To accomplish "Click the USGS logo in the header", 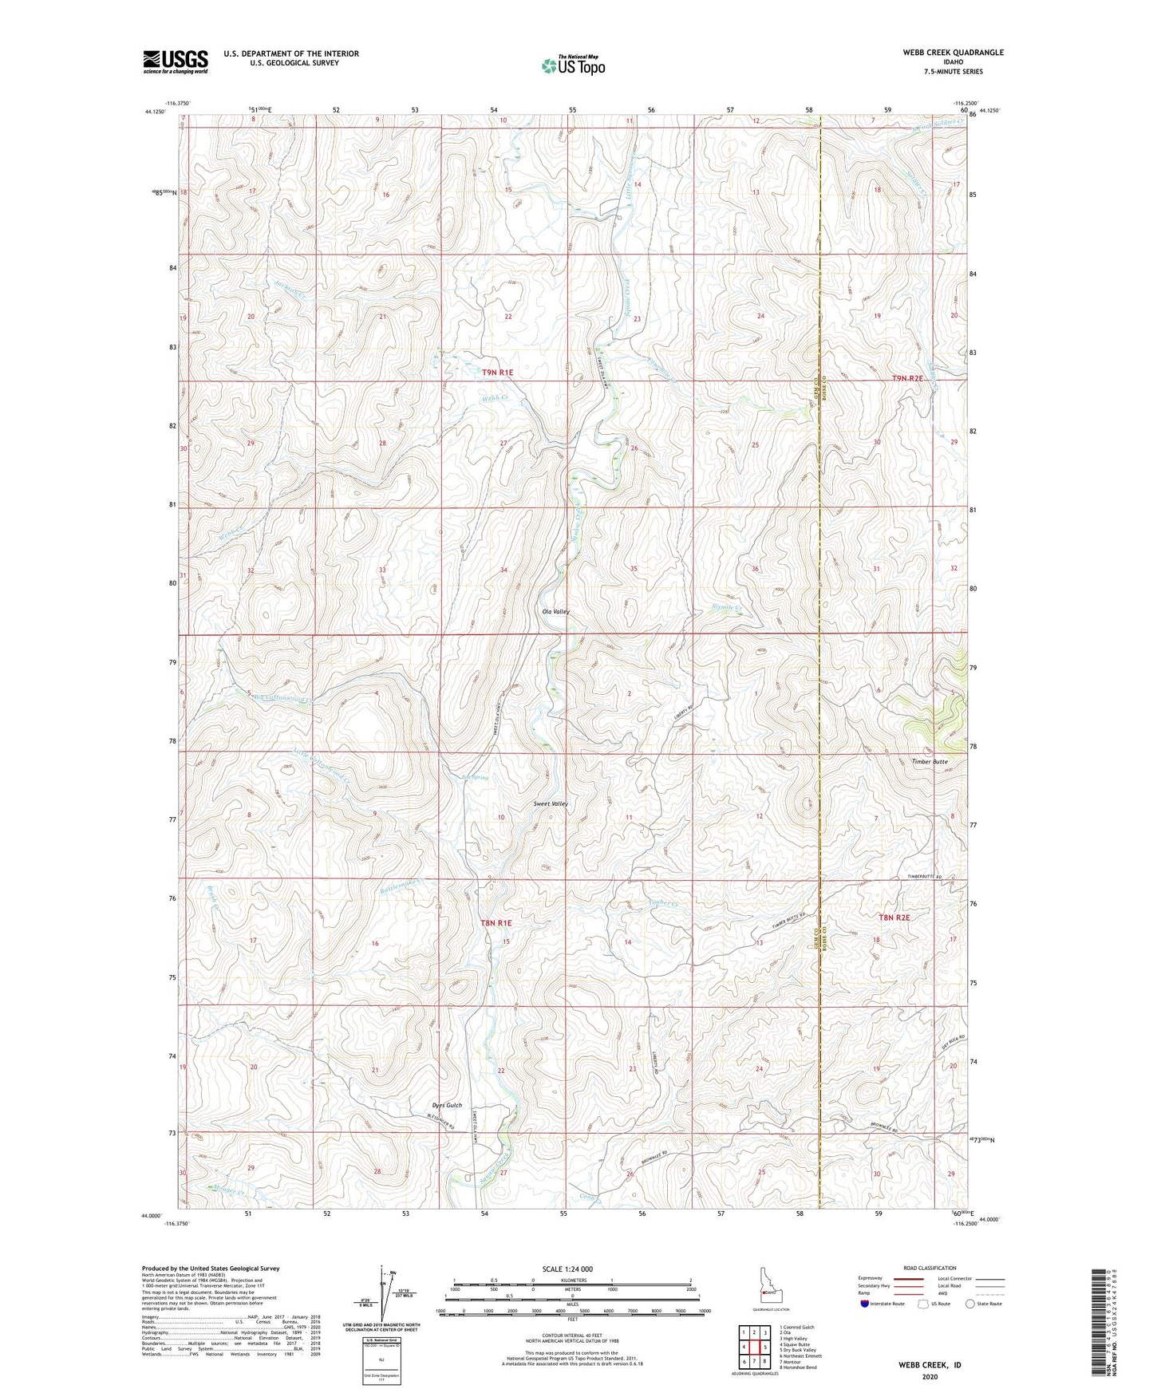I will [176, 61].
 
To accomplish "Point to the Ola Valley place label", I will [556, 612].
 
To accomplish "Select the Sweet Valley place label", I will [551, 804].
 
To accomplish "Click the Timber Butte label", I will [930, 762].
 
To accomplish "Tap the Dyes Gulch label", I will [447, 1105].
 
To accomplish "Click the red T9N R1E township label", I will [497, 373].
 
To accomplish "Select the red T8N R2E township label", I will [894, 917].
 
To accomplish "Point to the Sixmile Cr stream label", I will [727, 607].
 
